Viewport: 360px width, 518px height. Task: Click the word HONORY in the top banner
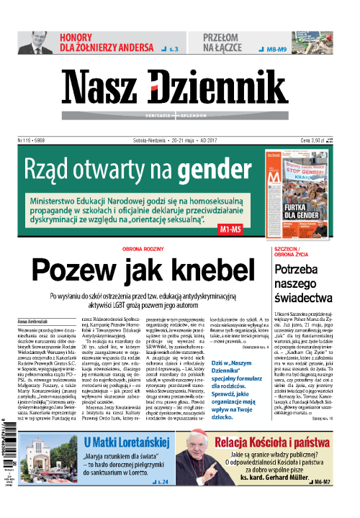(x=78, y=37)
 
